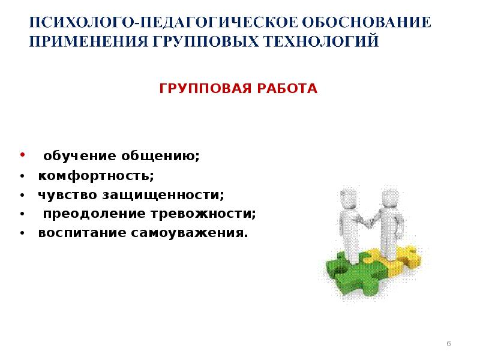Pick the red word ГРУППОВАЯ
click(x=203, y=89)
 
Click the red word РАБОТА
click(x=285, y=89)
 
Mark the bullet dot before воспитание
click(x=22, y=233)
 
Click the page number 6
click(x=449, y=343)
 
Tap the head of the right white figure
click(x=391, y=196)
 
